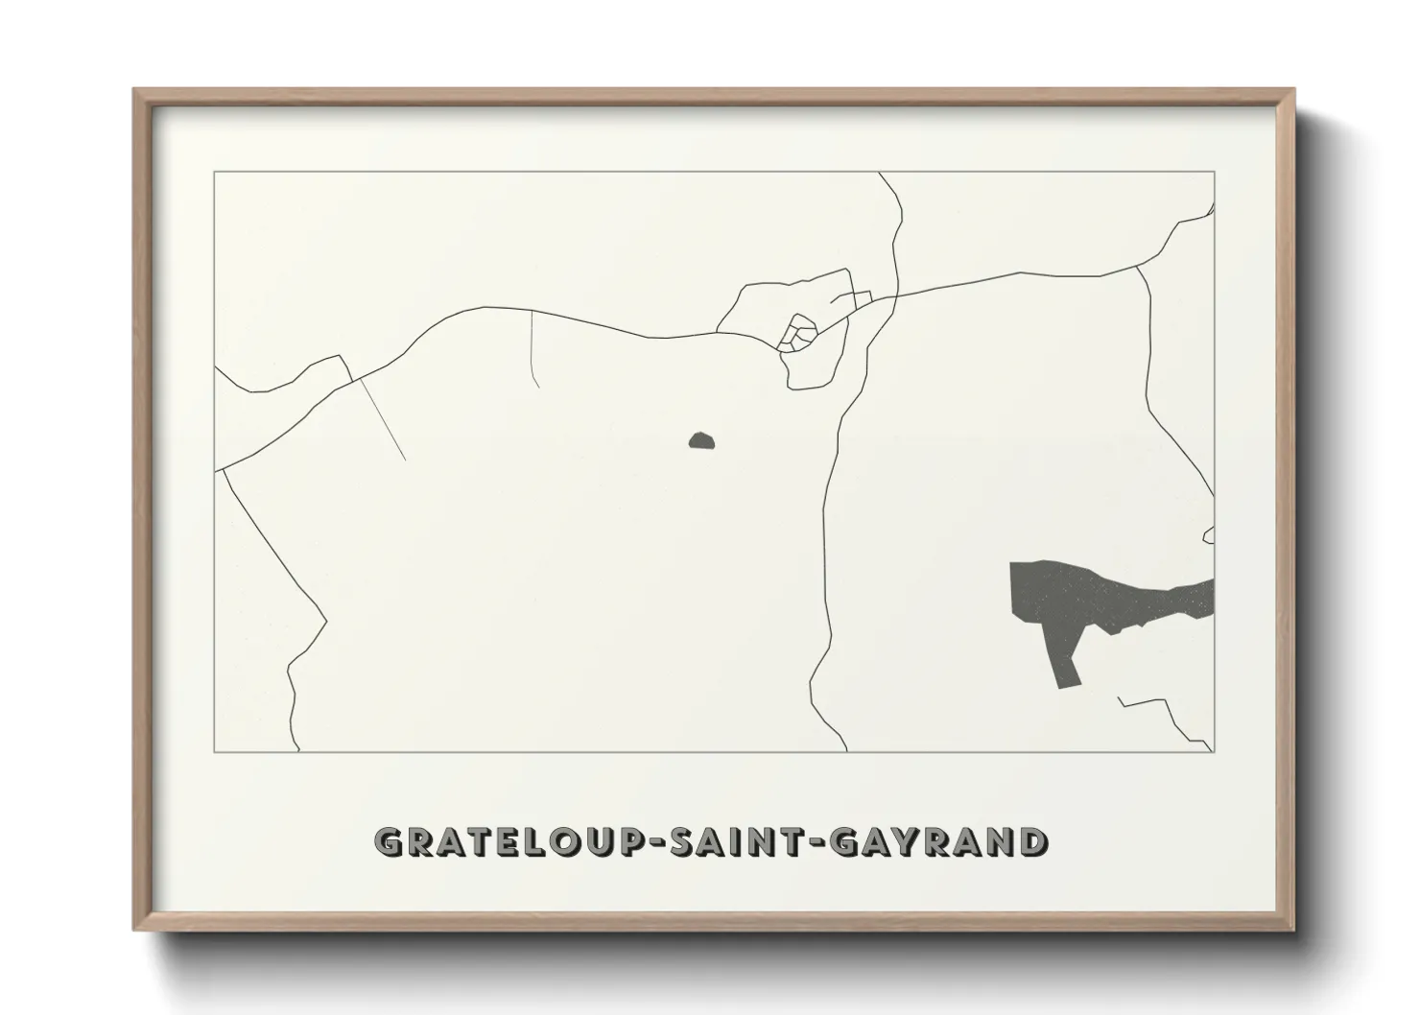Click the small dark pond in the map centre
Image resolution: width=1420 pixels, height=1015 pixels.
coord(701,441)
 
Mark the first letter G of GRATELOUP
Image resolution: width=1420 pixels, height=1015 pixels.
coord(389,842)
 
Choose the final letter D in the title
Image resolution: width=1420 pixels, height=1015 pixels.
coord(1032,842)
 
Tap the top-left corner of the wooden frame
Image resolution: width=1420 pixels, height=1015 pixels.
coord(135,91)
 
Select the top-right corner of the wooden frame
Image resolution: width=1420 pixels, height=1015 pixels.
coord(1293,91)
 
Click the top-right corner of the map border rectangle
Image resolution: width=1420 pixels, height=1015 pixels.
coord(1215,172)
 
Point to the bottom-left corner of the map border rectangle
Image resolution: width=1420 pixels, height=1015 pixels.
coord(214,751)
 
